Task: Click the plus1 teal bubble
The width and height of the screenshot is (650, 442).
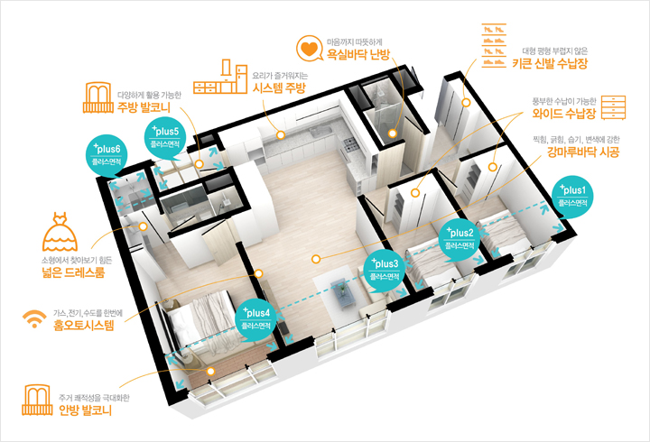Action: point(572,198)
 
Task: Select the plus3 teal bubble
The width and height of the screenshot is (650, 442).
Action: point(385,271)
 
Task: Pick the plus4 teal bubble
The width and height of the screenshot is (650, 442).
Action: point(255,320)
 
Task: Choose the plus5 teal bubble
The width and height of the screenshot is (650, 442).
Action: point(165,139)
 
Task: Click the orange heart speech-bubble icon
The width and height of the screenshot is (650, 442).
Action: point(310,48)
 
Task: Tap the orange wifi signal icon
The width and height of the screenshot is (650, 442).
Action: point(34,319)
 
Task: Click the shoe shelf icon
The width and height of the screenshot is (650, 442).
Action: point(494,46)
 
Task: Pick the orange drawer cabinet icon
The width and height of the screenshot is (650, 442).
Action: point(613,107)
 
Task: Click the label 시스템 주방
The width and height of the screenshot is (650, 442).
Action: point(279,87)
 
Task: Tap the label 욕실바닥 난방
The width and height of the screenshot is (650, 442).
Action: point(358,54)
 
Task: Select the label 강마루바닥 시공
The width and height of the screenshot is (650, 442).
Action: point(583,152)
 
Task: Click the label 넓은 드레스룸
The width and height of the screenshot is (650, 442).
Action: point(73,272)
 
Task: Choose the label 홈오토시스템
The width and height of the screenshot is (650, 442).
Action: point(83,325)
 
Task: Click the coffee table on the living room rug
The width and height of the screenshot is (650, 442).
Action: point(342,293)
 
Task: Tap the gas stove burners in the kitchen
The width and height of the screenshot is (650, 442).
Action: point(349,144)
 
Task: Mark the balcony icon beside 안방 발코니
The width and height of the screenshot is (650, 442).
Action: point(37,400)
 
